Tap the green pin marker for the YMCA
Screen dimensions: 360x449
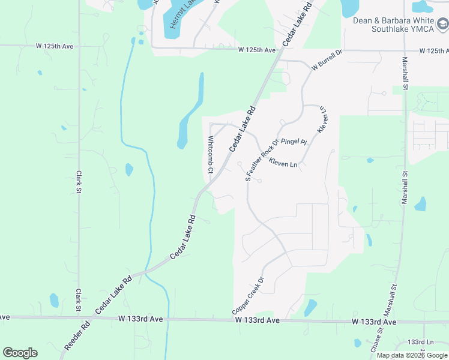442,25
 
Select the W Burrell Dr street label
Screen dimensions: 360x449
327,62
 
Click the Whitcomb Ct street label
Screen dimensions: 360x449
211,155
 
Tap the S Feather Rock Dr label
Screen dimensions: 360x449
262,160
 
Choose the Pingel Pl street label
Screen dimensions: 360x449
294,142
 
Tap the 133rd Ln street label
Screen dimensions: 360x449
420,341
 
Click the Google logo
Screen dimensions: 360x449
20,353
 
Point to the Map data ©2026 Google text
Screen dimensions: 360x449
412,355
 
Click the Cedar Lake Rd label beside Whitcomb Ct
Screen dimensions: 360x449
242,129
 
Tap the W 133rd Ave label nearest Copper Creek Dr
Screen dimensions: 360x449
258,321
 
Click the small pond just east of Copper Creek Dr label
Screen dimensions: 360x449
310,308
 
